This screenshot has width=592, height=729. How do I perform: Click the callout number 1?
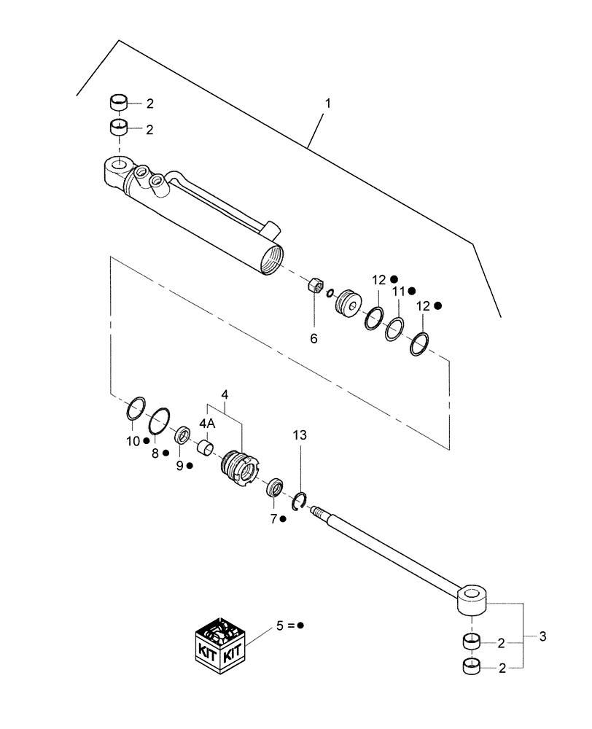click(327, 104)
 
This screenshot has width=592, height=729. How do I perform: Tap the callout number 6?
click(314, 338)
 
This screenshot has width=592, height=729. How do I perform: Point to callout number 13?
click(300, 434)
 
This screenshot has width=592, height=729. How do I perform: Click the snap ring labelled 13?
click(302, 501)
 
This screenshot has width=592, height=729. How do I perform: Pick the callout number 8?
click(155, 453)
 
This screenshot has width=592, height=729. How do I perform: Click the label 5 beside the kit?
click(279, 625)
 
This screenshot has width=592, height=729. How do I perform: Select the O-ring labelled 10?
click(136, 410)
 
